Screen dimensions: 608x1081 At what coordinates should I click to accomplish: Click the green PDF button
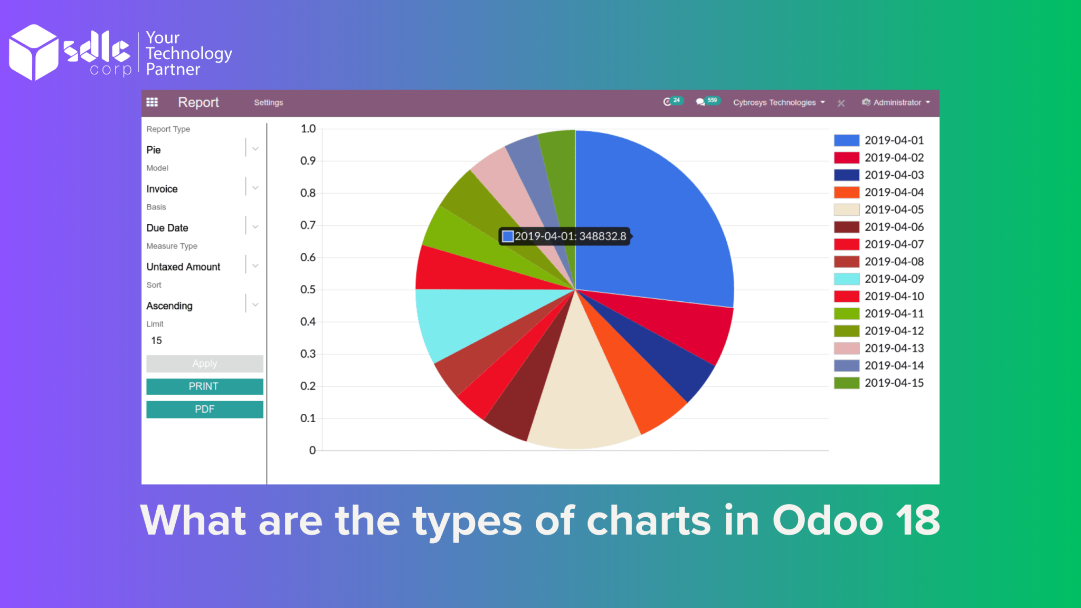pos(204,409)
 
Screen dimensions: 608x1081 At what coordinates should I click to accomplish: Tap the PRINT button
pos(204,386)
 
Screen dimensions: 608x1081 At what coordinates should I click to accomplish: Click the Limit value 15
pos(157,340)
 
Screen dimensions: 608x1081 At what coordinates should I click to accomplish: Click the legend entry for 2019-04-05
pos(893,210)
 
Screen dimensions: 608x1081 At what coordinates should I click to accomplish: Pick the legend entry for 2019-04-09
pos(893,279)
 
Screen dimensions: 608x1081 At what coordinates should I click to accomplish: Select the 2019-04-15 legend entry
pos(893,383)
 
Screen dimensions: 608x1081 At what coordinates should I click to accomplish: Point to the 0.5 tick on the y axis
pos(308,289)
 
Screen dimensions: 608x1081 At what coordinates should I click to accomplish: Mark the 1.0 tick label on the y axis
pos(308,129)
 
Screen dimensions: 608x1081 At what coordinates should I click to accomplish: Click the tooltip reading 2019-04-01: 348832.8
pos(565,236)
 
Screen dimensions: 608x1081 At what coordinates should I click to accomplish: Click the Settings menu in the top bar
pos(268,102)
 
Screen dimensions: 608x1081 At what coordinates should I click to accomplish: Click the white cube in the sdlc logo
pos(34,52)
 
